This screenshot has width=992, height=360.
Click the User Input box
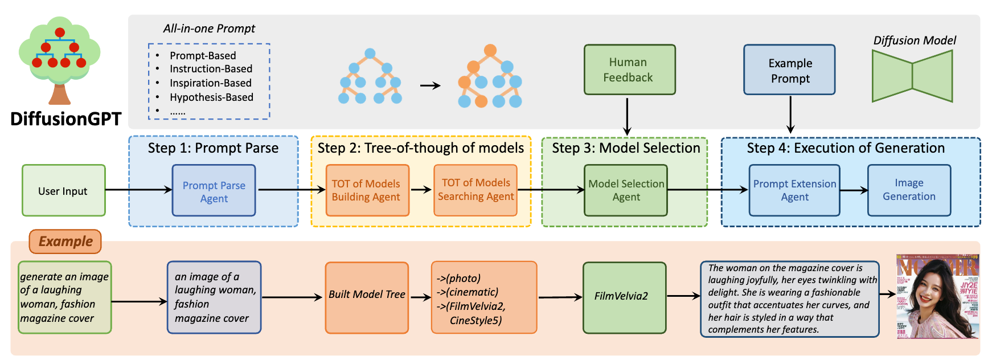[63, 191]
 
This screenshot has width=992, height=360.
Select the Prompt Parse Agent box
[214, 191]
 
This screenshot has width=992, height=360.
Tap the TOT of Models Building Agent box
[367, 190]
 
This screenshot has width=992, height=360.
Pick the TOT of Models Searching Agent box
[475, 190]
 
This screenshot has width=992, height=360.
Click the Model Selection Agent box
[626, 190]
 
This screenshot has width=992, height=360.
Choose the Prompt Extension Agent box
[794, 190]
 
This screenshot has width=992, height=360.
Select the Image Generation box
[909, 190]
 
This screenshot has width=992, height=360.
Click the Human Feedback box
[629, 69]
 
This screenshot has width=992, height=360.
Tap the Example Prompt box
[789, 70]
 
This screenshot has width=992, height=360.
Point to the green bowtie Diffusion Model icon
[912, 76]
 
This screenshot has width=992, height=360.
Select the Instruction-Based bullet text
[211, 69]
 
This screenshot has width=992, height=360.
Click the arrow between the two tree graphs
[431, 86]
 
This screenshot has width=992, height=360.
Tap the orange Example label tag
[65, 242]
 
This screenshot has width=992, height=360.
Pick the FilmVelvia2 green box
[624, 297]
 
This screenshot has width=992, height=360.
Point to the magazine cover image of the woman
[937, 296]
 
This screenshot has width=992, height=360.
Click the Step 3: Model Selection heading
[625, 148]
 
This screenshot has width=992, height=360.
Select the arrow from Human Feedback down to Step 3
[627, 116]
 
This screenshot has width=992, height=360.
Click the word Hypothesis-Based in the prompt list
[211, 97]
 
